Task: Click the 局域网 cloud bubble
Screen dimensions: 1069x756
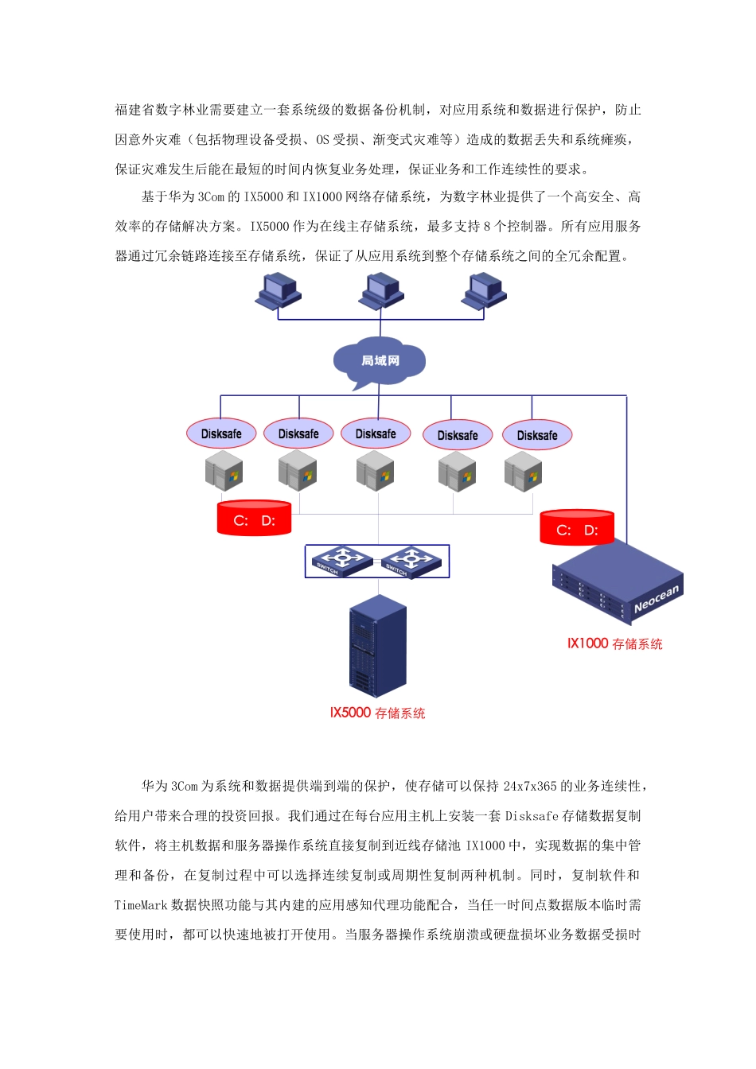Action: click(380, 362)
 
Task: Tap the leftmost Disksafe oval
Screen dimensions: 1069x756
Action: click(221, 433)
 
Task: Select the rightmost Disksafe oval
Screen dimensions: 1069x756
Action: click(537, 435)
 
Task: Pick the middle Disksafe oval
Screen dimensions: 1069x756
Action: click(376, 433)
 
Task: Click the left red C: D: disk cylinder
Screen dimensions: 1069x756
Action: click(255, 519)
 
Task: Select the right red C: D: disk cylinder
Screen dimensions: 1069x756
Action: click(577, 528)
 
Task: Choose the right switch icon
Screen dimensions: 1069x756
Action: click(410, 562)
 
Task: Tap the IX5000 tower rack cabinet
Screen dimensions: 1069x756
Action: click(378, 646)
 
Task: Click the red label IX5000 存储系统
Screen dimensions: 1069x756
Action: click(378, 713)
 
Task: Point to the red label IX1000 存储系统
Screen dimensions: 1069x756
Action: click(614, 644)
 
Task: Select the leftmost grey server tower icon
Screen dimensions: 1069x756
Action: click(224, 471)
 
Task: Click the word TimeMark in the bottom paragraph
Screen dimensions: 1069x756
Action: click(141, 905)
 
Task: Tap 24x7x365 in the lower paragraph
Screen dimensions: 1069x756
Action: click(530, 787)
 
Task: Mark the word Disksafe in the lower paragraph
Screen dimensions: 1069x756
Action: click(532, 816)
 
